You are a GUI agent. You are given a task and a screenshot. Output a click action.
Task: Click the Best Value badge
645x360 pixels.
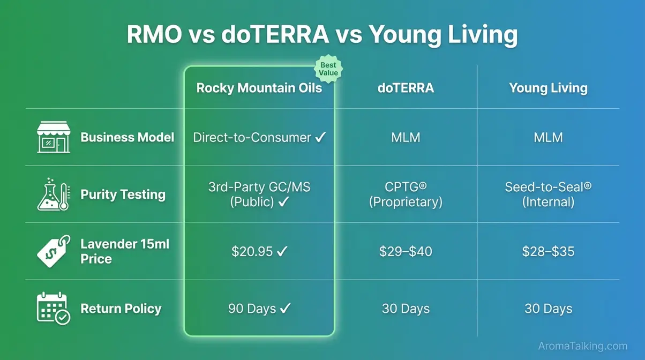point(328,69)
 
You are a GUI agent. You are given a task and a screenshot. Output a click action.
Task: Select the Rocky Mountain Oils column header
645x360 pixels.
point(259,88)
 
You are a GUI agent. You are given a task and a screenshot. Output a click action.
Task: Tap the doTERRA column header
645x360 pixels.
point(406,88)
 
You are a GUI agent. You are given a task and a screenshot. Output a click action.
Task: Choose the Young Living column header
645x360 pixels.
point(548,88)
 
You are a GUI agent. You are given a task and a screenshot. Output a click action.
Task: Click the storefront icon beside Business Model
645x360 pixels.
point(54,137)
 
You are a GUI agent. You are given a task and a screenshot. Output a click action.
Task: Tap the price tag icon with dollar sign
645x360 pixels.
point(54,251)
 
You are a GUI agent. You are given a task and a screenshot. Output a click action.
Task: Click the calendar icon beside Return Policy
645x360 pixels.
point(53,308)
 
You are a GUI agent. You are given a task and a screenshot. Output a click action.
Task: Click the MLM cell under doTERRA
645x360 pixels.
point(406,138)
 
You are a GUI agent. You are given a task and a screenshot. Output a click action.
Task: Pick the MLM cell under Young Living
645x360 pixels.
point(548,138)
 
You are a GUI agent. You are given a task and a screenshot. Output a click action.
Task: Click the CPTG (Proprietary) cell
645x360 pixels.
point(406,194)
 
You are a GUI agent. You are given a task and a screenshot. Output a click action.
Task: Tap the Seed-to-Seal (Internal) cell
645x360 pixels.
point(548,194)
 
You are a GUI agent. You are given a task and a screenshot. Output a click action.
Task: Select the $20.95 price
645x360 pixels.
point(252,251)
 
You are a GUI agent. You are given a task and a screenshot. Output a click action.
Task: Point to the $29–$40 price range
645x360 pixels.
point(406,251)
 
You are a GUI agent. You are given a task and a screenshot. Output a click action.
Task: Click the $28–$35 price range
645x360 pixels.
point(548,251)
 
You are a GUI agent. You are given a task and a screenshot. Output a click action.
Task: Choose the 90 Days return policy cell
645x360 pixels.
point(252,309)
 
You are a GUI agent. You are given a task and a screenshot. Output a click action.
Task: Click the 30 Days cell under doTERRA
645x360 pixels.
point(406,309)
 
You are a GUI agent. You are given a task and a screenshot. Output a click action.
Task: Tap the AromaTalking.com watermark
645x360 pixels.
point(582,346)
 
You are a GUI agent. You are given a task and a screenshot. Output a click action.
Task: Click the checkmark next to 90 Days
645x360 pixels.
point(285,309)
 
